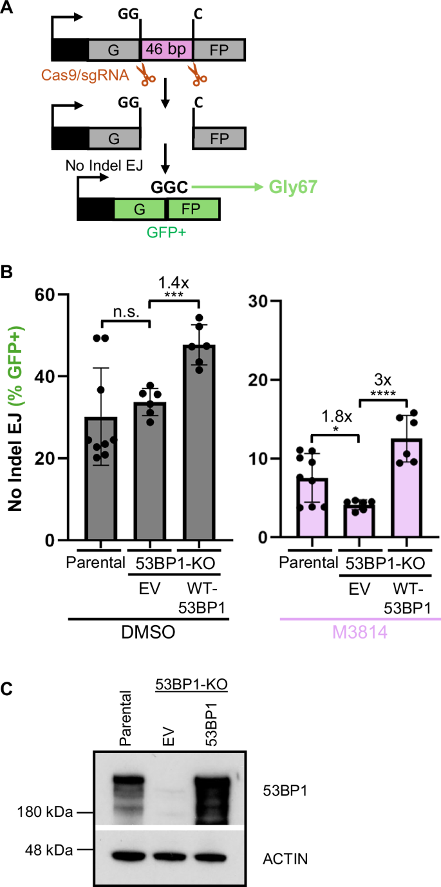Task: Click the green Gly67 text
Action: (292, 187)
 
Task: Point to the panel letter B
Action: (9, 272)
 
